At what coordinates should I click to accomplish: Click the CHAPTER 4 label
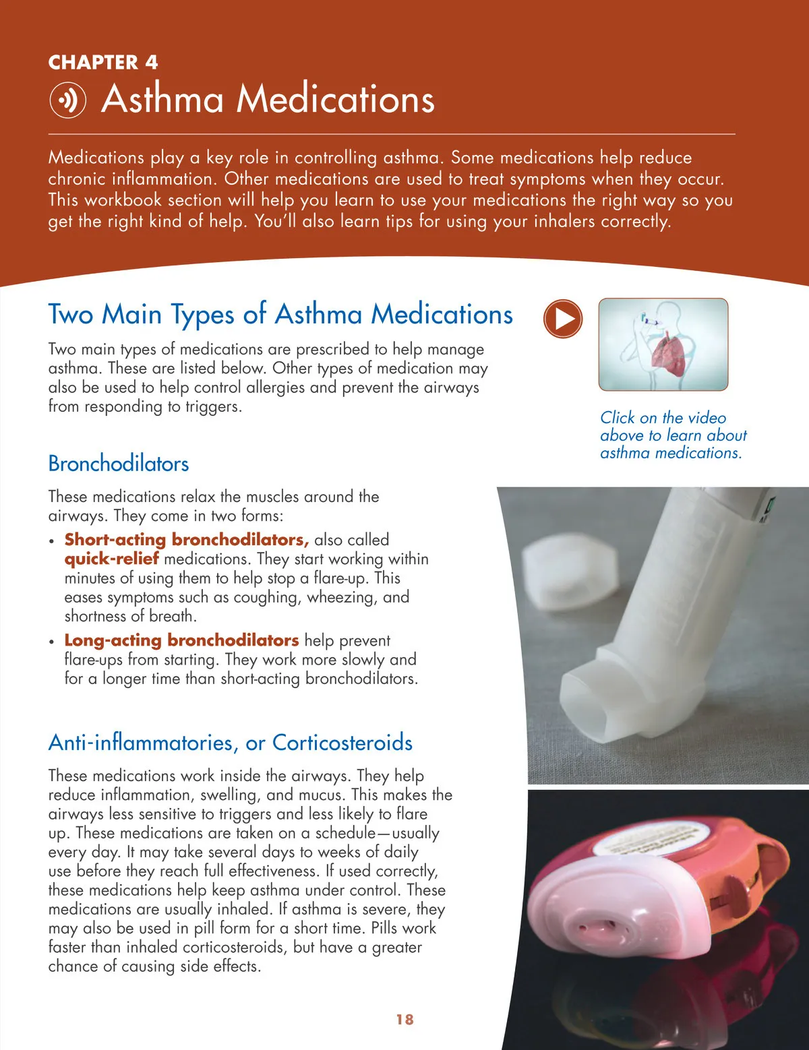click(x=103, y=63)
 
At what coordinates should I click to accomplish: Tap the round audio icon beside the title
click(x=68, y=100)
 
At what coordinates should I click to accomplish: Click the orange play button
click(x=563, y=319)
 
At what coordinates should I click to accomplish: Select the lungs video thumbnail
click(x=663, y=344)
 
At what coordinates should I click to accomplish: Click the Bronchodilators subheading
click(x=119, y=464)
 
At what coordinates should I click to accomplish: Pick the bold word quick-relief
click(x=112, y=559)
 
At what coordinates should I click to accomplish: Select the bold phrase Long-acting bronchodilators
click(x=181, y=640)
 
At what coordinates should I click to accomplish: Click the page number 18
click(x=405, y=1020)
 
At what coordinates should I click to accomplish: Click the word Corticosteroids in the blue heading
click(x=342, y=743)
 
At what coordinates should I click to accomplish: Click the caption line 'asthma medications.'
click(x=671, y=453)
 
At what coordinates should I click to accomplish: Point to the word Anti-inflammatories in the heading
click(x=142, y=743)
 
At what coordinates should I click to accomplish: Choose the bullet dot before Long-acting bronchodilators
click(x=52, y=642)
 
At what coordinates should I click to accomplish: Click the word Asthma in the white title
click(x=162, y=99)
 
